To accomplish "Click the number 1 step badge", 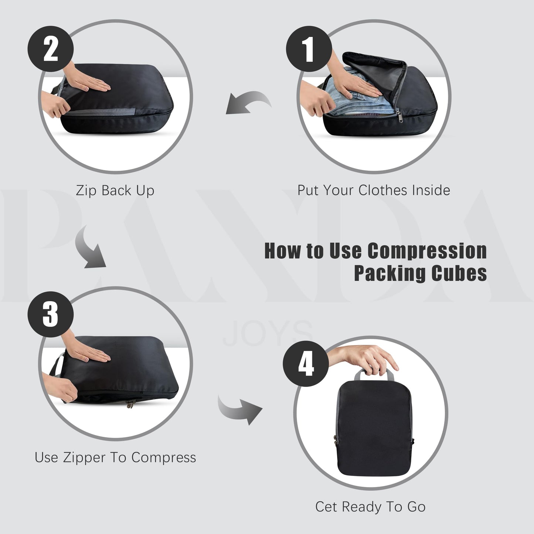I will point(309,49).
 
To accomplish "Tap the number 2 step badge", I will point(51,49).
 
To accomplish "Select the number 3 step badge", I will point(51,314).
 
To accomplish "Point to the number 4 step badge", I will point(306,364).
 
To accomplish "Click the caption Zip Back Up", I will point(115,191).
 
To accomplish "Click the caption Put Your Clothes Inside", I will point(374,190).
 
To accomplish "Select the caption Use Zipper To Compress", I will point(115,458).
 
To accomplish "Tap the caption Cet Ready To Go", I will point(370,507).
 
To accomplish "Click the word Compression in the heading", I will point(427,251).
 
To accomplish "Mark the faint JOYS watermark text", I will point(268,334).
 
